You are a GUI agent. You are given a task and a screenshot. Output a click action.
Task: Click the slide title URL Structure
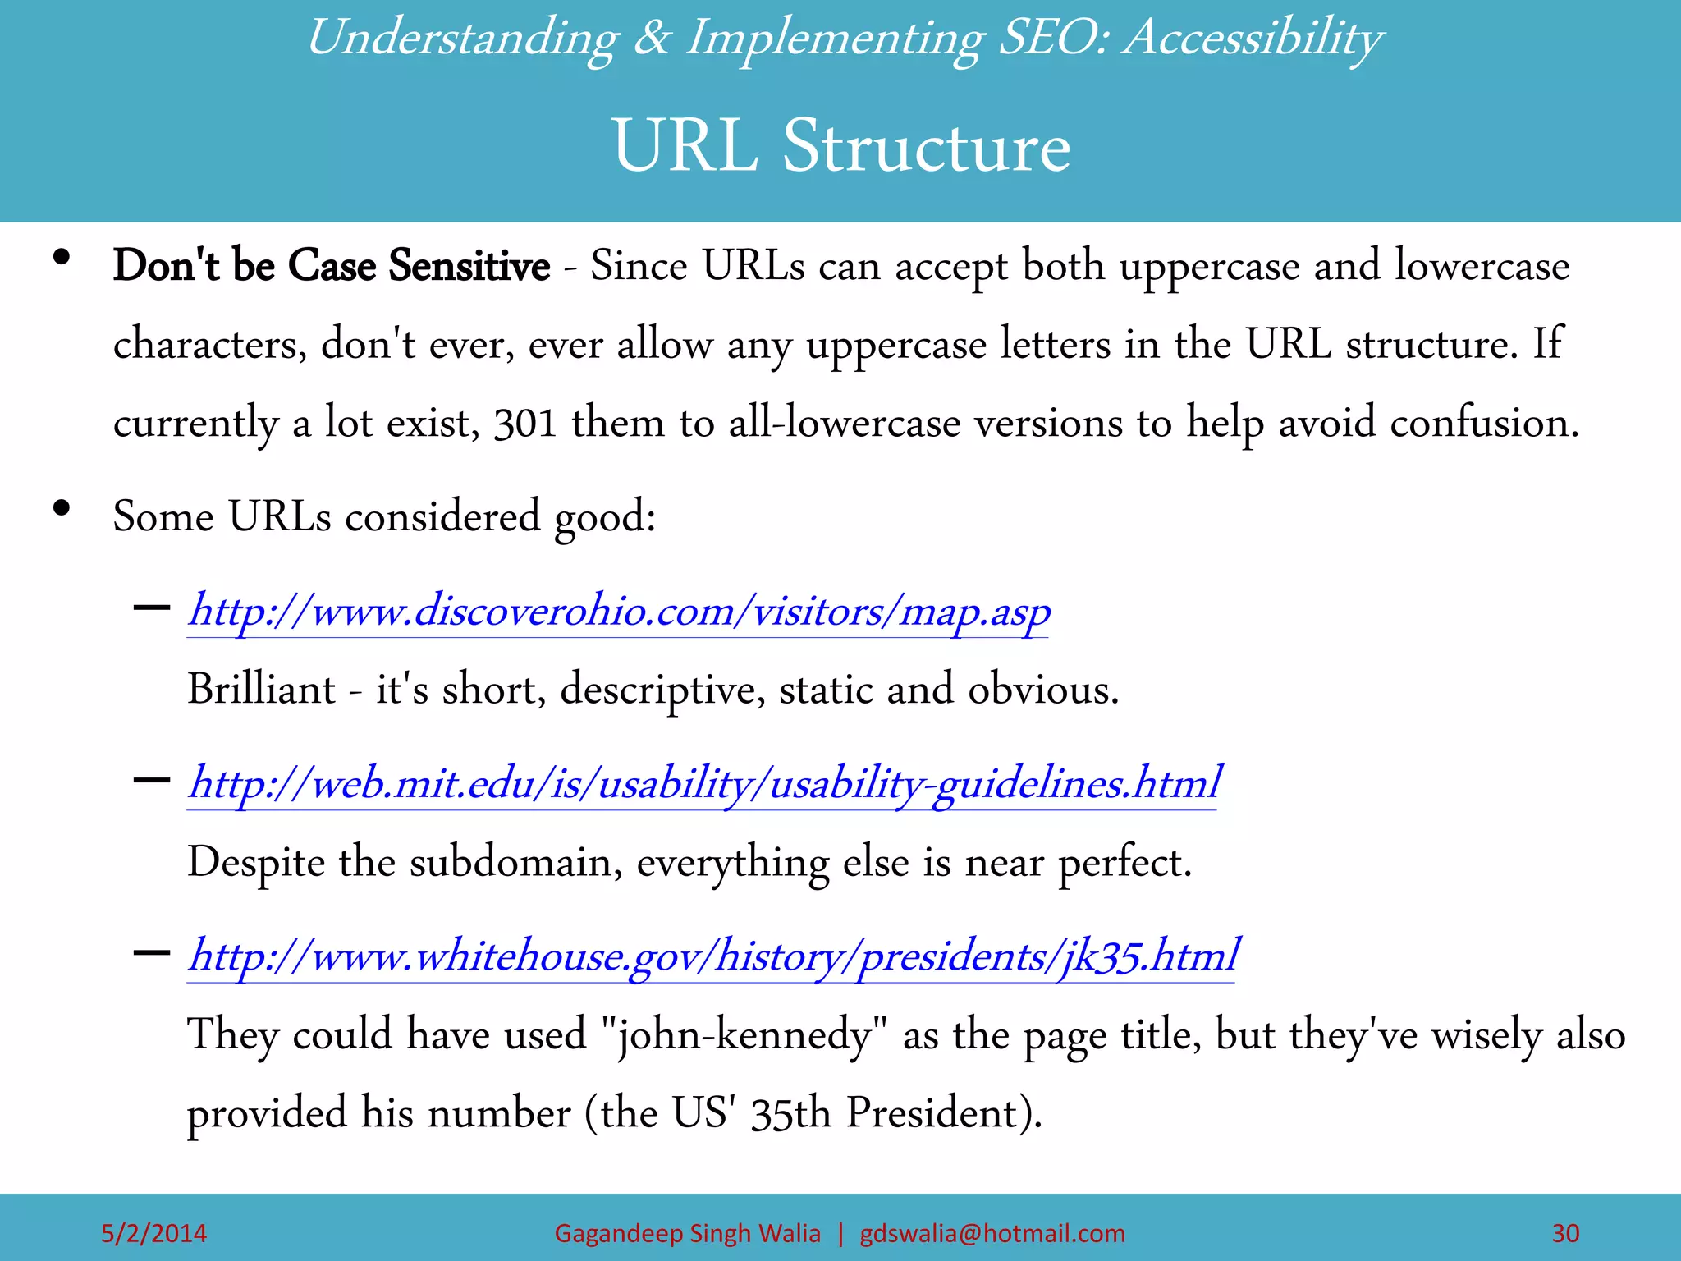[x=840, y=146]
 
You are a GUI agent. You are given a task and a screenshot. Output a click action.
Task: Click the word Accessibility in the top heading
[x=1253, y=39]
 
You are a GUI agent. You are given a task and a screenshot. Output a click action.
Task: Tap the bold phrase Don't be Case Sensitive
[x=331, y=265]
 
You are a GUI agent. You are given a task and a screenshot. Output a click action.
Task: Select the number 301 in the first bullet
[x=525, y=424]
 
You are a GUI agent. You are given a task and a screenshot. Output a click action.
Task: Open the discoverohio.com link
[x=619, y=612]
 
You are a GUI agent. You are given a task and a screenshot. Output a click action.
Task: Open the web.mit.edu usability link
[x=703, y=783]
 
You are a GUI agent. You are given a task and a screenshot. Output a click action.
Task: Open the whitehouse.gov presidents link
[x=712, y=956]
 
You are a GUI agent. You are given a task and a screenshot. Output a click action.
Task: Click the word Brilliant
[x=261, y=689]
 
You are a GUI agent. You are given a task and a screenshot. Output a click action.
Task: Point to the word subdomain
[x=515, y=862]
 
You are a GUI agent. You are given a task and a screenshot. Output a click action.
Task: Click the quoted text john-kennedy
[x=744, y=1034]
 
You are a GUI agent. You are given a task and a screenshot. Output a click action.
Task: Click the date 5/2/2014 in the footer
[x=153, y=1233]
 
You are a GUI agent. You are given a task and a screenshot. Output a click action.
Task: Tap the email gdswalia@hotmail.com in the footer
[x=992, y=1233]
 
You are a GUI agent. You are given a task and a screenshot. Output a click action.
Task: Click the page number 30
[x=1565, y=1233]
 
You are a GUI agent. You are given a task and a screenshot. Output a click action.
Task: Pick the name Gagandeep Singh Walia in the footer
[x=687, y=1233]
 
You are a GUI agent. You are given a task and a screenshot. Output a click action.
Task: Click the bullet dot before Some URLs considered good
[x=61, y=509]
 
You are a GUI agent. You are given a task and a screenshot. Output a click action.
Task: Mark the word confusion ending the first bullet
[x=1484, y=424]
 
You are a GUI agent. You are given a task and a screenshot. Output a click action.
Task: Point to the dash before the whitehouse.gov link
[x=151, y=953]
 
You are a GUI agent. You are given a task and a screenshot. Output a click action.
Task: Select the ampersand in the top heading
[x=653, y=39]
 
